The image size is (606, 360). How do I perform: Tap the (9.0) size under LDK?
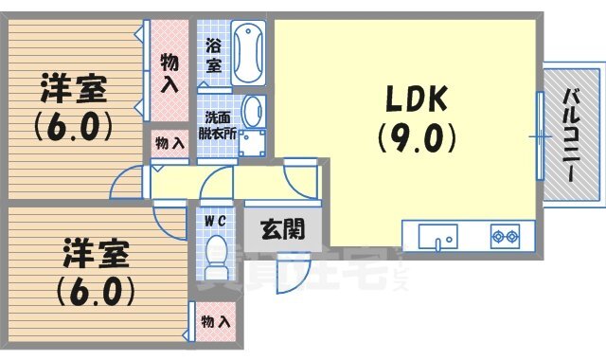[x=419, y=140]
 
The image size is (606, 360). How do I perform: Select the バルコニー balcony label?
[x=572, y=134]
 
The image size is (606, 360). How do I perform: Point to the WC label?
[x=214, y=221]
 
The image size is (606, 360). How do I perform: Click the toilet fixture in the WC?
[x=216, y=254]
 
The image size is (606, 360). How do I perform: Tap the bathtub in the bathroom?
[x=249, y=53]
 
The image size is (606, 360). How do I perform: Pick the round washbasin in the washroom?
[x=253, y=110]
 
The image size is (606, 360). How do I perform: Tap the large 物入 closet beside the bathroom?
[x=169, y=72]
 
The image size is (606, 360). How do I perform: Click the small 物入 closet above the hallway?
[x=169, y=143]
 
